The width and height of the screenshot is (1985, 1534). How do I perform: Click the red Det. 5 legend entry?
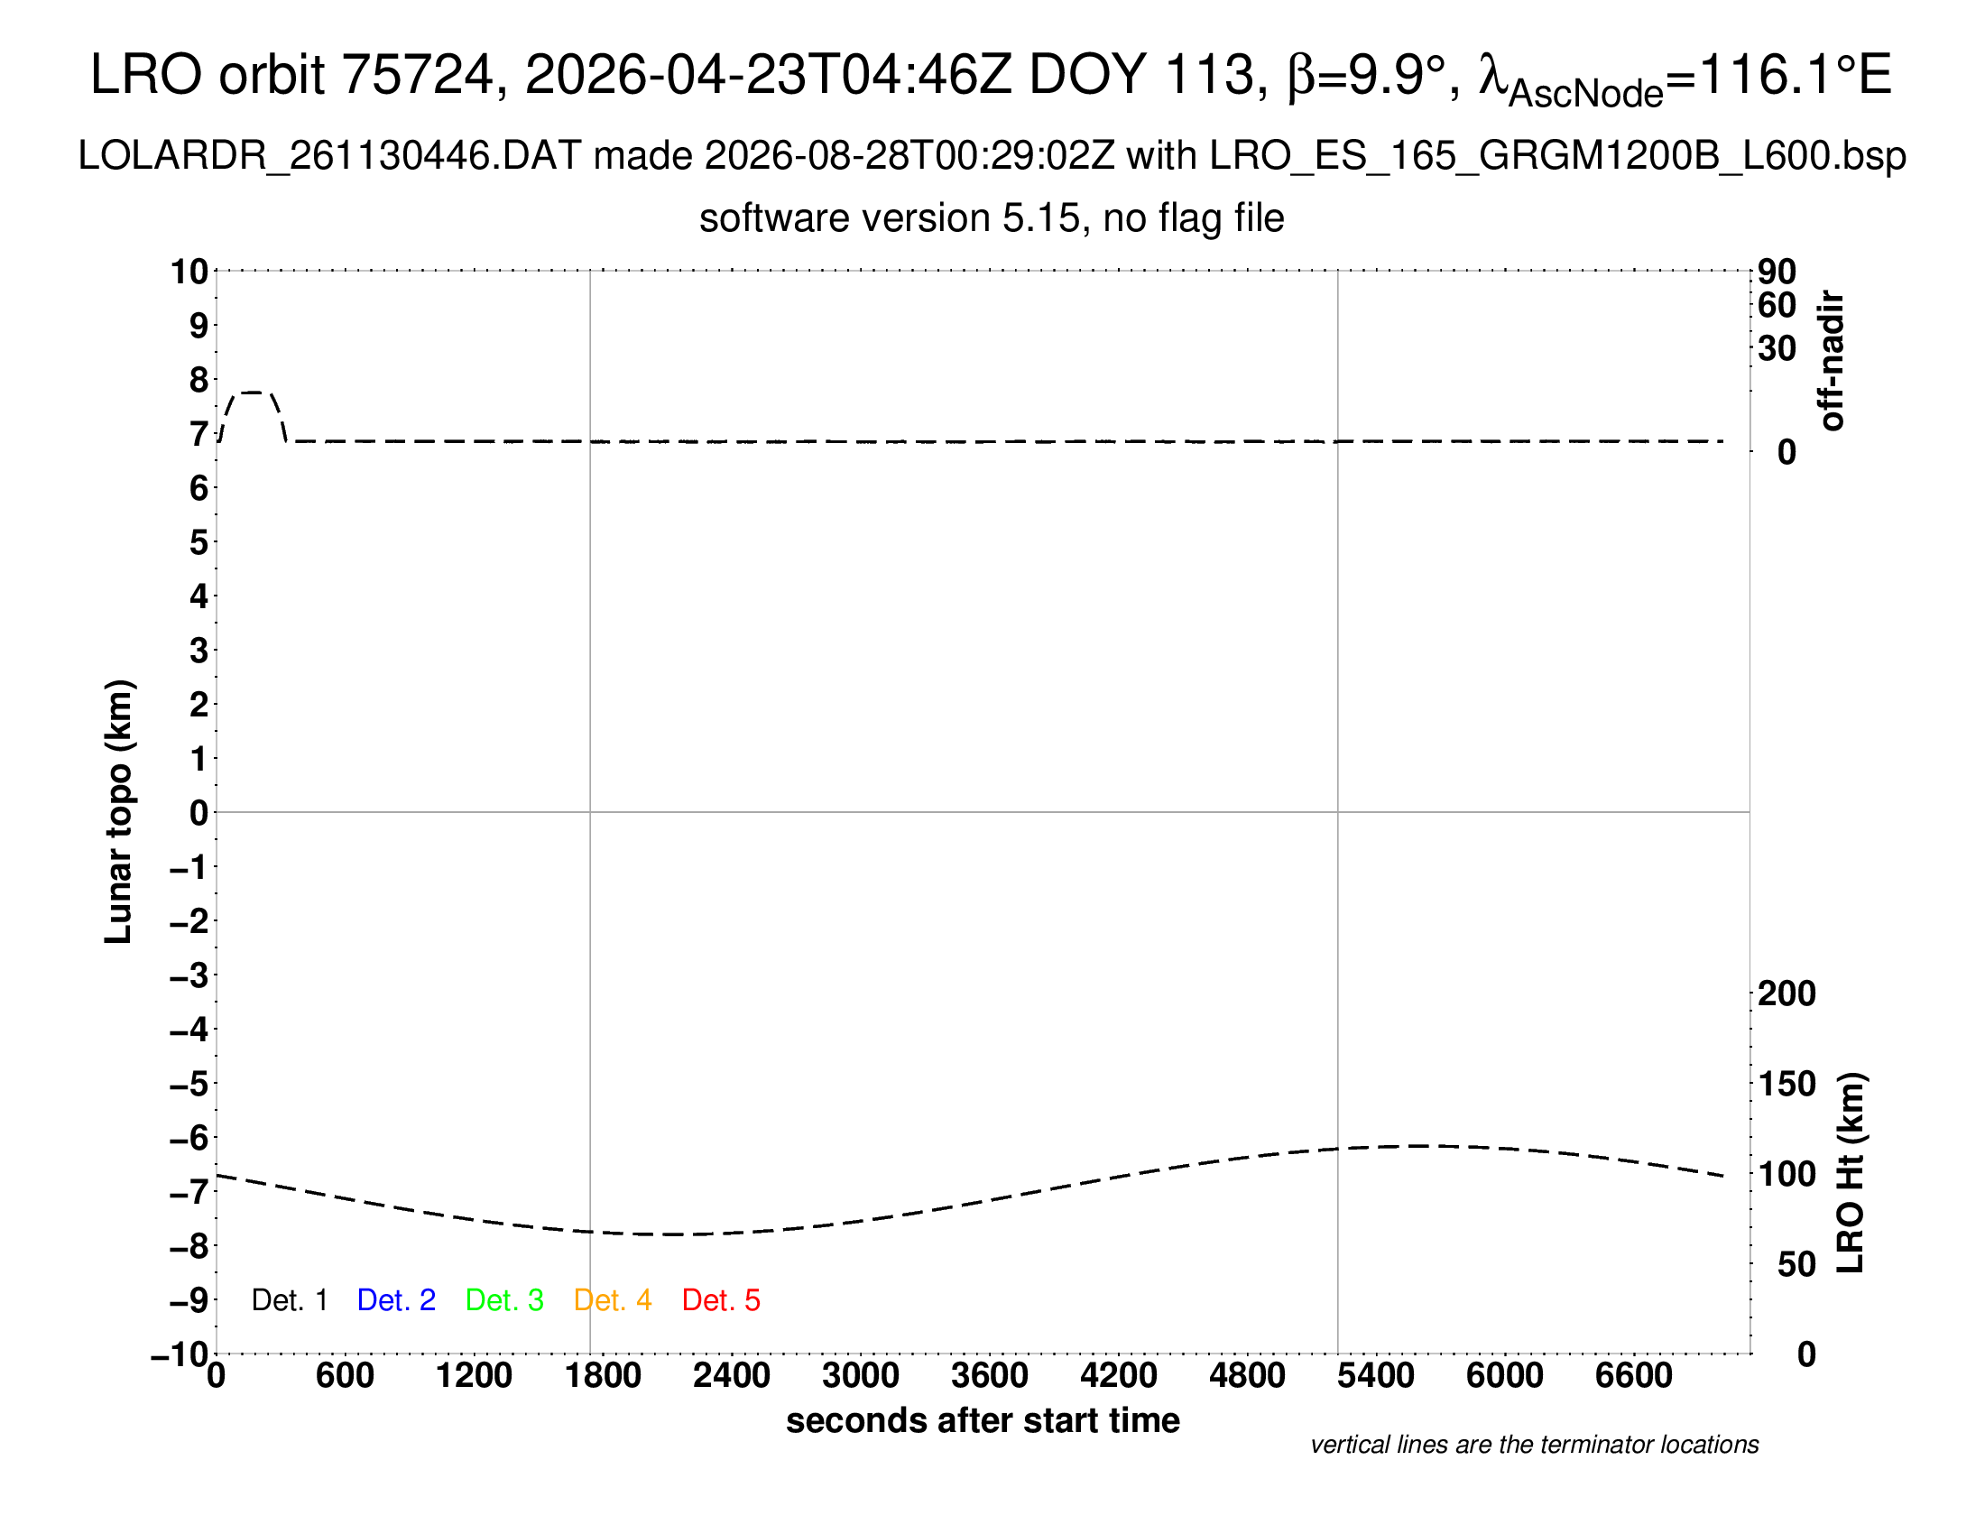(721, 1300)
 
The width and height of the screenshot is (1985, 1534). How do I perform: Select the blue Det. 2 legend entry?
(396, 1300)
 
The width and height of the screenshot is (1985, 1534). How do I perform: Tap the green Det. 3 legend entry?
(504, 1300)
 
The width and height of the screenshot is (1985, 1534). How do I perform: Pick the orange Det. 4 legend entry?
(613, 1300)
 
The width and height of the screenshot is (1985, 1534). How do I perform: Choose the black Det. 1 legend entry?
(289, 1300)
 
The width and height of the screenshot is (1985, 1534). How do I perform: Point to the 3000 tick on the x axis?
(861, 1376)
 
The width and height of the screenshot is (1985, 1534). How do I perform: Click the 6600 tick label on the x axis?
(1634, 1376)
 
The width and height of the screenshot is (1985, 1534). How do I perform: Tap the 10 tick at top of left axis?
(190, 271)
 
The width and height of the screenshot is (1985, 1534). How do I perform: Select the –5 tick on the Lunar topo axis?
(189, 1084)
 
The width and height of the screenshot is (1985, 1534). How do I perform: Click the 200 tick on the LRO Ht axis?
(1786, 993)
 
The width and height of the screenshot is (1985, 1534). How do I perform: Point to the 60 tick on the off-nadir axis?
(1777, 305)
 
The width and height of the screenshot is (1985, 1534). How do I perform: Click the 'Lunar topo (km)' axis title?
(119, 811)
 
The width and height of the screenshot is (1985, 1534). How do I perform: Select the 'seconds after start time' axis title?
(983, 1420)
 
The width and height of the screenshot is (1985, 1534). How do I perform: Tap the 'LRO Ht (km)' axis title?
(1851, 1173)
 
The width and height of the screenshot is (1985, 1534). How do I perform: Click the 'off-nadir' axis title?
(1832, 361)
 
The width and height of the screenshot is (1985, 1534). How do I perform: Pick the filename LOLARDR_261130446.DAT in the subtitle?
(330, 156)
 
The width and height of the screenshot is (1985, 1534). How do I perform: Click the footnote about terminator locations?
(1534, 1445)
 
